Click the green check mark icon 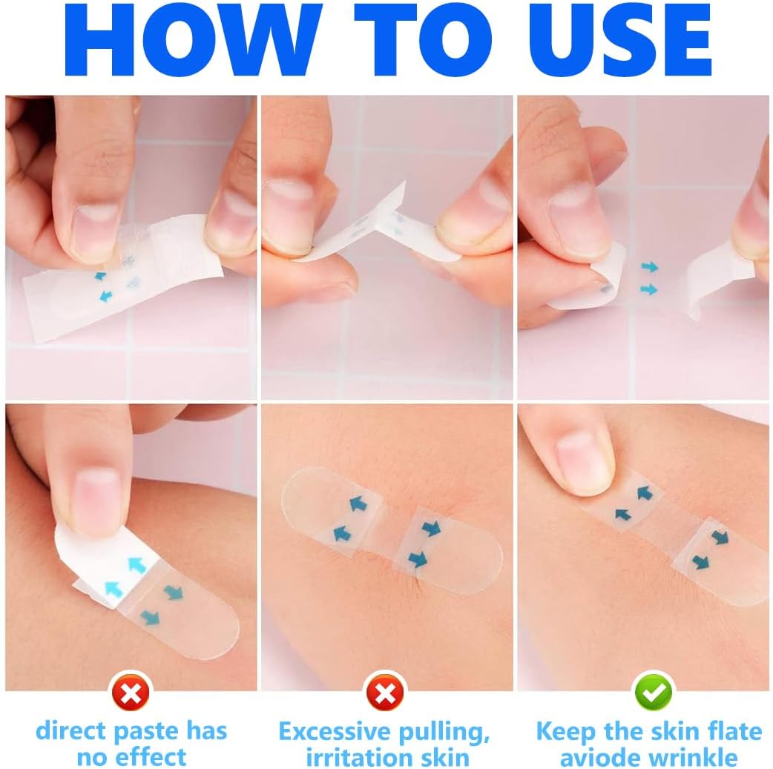coord(652,694)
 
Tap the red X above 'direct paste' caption coord(131,694)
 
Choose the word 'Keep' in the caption coord(566,731)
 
